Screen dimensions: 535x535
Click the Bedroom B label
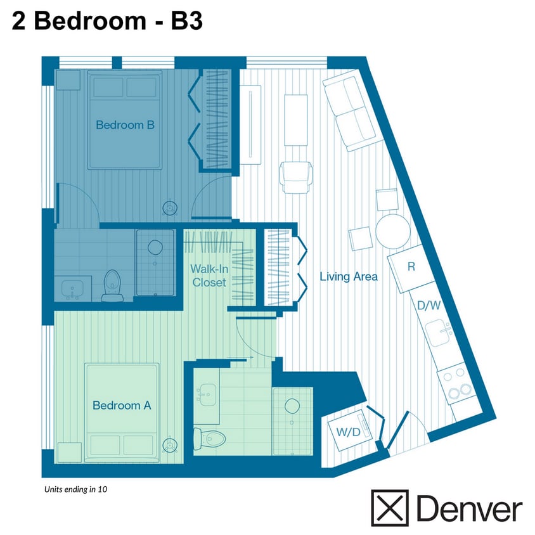click(125, 125)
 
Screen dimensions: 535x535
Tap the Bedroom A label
click(122, 405)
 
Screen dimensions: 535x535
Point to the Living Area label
click(349, 276)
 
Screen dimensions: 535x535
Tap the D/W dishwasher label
click(429, 306)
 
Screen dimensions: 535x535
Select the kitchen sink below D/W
click(438, 332)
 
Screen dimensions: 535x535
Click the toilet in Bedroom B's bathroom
click(112, 286)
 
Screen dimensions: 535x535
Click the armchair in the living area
click(296, 177)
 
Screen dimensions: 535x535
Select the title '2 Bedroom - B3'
click(107, 21)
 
